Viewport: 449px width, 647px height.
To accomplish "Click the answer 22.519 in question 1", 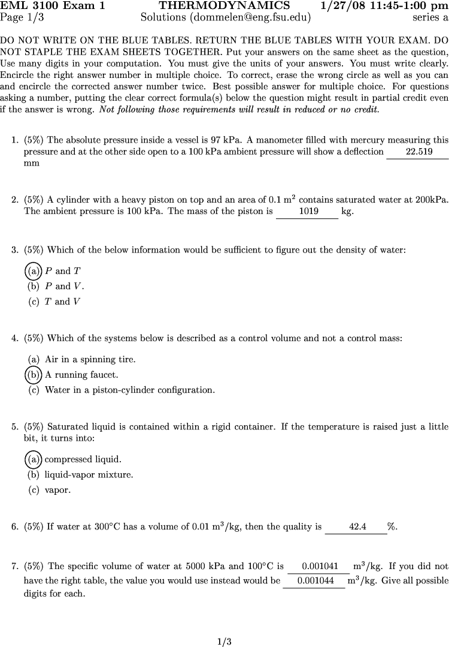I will [418, 152].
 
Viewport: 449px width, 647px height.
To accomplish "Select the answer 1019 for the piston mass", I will [308, 212].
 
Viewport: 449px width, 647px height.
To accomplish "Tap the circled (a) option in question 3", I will [34, 271].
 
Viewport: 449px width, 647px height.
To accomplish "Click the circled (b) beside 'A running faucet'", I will [34, 375].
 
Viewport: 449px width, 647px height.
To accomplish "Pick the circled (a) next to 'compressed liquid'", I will [34, 459].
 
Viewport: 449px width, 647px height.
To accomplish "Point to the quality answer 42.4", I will [357, 527].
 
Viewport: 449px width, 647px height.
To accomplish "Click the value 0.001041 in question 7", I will [320, 566].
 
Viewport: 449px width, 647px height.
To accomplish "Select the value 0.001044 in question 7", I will [315, 580].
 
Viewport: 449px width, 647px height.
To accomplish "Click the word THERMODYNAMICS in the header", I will [224, 6].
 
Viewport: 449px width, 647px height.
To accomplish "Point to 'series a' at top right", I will [430, 17].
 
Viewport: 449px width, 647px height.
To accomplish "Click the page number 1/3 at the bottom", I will [224, 642].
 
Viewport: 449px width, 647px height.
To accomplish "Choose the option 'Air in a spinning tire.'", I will [90, 360].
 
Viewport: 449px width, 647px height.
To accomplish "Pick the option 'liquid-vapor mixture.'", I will [89, 475].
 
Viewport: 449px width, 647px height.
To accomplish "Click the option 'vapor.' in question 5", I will [57, 490].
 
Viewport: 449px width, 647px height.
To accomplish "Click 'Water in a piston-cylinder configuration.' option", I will [129, 390].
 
